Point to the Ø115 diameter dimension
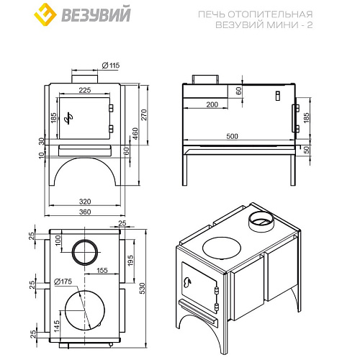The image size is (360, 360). pos(110,66)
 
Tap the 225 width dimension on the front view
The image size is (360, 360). pos(84,91)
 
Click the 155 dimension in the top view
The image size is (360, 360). pos(101,271)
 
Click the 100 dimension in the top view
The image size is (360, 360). pos(58,239)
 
